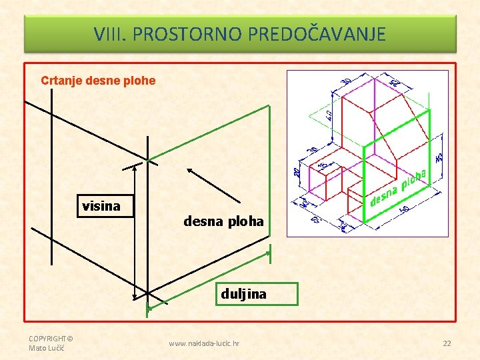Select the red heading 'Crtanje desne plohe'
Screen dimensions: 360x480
98,81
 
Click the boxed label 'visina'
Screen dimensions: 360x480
101,206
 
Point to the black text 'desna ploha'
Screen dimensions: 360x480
223,221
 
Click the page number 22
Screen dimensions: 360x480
447,343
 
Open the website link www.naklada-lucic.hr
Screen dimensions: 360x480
205,343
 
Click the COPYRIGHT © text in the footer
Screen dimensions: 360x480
50,339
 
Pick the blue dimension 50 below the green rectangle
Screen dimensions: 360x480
405,209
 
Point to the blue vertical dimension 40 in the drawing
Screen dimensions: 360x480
329,115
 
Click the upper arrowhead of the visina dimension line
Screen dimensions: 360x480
135,167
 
